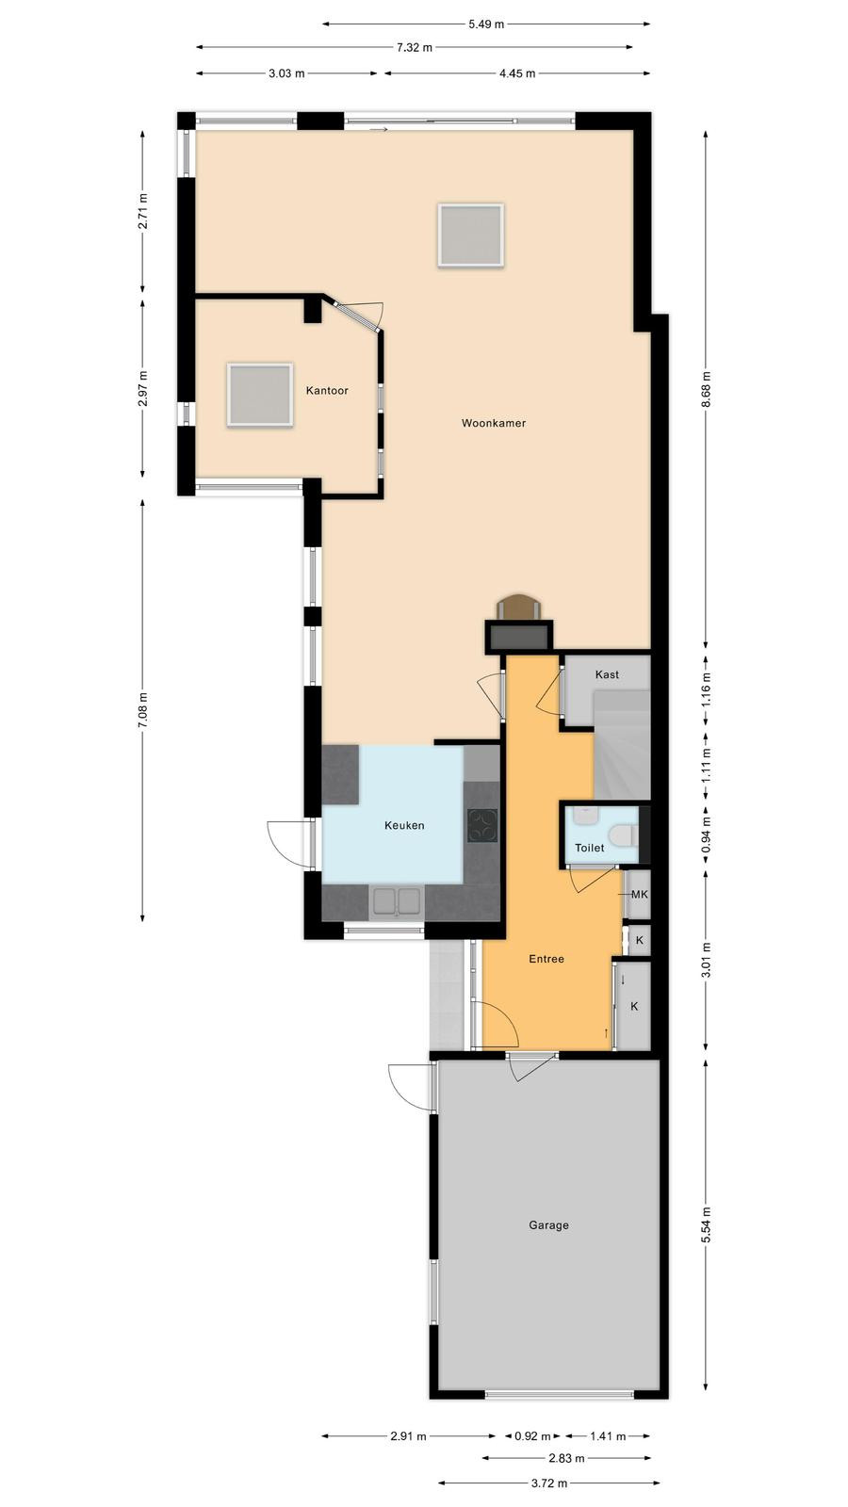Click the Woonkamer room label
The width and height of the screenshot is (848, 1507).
[x=494, y=423]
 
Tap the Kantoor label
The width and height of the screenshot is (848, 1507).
[x=327, y=390]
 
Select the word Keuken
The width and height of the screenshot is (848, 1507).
[x=404, y=825]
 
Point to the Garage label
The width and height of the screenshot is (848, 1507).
[x=548, y=1225]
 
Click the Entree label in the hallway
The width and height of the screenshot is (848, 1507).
[x=546, y=959]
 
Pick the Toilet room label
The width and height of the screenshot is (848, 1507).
[x=590, y=848]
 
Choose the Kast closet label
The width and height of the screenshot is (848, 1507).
[x=607, y=674]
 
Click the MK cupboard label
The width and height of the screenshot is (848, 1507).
[x=640, y=894]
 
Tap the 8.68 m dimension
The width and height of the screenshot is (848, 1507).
[x=706, y=390]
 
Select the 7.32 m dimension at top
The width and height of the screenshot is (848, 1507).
[x=414, y=47]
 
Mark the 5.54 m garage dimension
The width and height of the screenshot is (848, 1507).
[x=706, y=1225]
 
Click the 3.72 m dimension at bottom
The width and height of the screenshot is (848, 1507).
[x=549, y=1483]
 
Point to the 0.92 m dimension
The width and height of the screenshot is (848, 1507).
[x=533, y=1436]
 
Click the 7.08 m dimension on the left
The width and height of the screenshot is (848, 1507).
[x=142, y=710]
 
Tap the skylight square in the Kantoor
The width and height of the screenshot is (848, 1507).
[x=260, y=395]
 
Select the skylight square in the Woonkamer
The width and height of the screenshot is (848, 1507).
[x=471, y=235]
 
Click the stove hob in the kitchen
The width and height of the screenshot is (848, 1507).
[x=482, y=825]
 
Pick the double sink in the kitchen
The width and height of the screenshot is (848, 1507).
[x=397, y=902]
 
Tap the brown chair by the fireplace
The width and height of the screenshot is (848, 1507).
[x=518, y=606]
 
